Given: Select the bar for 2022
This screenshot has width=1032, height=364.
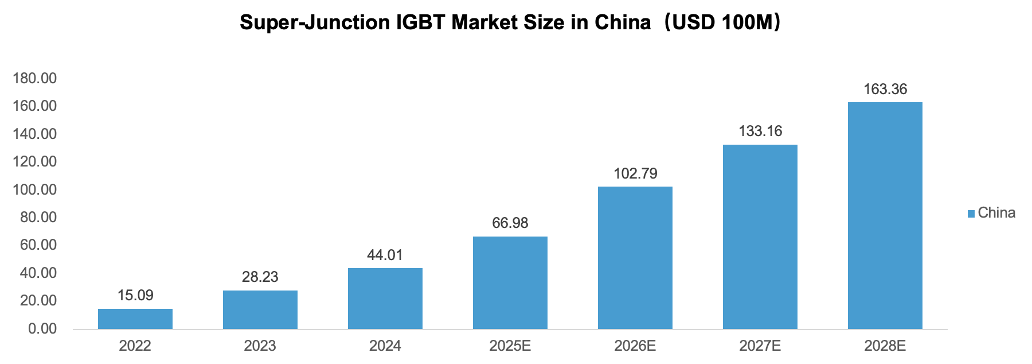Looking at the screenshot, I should tap(135, 319).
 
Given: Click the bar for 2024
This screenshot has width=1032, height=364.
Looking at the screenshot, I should tap(385, 299).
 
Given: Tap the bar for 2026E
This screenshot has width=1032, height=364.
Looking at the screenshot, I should tap(635, 258).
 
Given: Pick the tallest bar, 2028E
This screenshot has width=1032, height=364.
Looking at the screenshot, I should tap(885, 215).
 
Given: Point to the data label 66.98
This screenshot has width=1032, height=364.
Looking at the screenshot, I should tap(510, 223).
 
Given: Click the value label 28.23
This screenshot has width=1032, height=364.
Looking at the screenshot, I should tap(260, 277).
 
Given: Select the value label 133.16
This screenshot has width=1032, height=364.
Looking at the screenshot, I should tap(760, 131).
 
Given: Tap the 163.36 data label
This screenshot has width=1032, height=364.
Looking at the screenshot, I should tap(885, 89).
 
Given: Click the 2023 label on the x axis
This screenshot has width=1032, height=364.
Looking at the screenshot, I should tap(260, 346).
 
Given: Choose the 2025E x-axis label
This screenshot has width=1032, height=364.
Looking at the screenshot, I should tap(510, 346).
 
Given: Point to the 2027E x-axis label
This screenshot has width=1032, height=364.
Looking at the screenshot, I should tap(760, 346).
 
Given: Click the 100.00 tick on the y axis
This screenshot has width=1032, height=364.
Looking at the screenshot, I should tap(35, 189).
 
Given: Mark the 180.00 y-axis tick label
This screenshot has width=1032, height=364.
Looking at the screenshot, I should tap(35, 78).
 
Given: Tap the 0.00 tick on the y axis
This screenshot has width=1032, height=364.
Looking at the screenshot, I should tap(42, 328).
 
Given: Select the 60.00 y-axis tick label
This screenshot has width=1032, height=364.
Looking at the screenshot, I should tap(38, 245).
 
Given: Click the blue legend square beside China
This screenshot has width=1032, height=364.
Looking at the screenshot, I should tap(971, 214).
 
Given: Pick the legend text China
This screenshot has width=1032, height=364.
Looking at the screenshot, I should tap(996, 213).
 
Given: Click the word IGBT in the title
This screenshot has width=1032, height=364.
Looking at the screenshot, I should tap(421, 22).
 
